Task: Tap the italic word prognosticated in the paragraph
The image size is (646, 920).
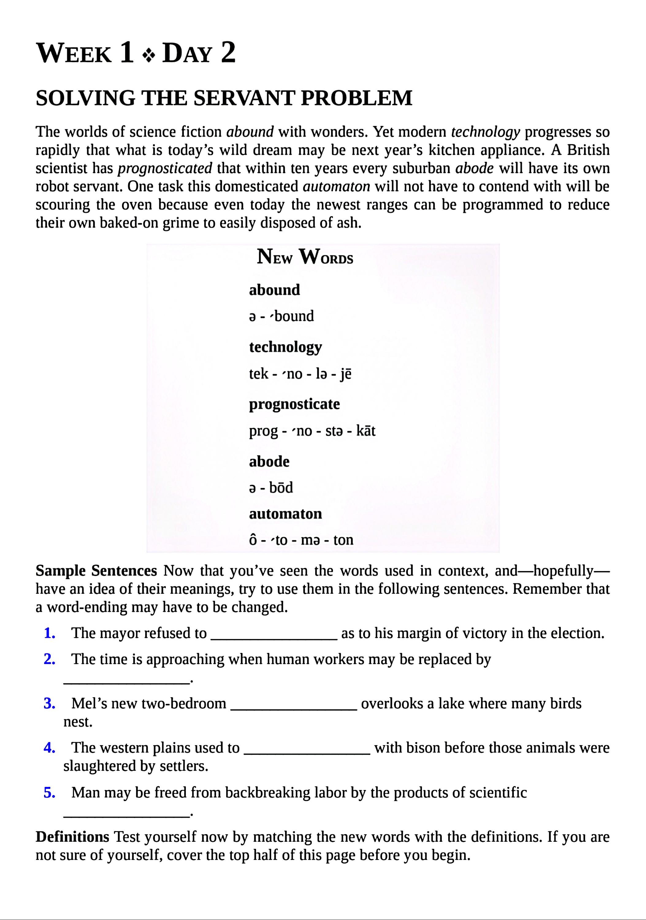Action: pos(165,168)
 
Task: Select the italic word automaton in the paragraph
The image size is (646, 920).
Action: pos(336,187)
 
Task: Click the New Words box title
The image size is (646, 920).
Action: pos(305,257)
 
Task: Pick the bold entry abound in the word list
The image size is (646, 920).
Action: pos(274,290)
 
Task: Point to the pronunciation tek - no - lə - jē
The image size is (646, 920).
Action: pos(300,374)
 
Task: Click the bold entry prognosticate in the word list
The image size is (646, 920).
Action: pos(294,404)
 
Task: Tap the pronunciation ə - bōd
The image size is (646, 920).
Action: pos(271,488)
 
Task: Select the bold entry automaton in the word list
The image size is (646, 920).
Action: pos(285,514)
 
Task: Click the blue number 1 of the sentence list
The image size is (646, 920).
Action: pos(50,634)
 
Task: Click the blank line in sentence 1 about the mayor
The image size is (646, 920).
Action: pos(274,638)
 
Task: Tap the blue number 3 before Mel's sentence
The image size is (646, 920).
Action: pos(50,703)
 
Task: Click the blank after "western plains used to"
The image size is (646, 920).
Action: pos(307,752)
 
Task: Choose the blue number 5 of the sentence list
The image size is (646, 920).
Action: pos(50,792)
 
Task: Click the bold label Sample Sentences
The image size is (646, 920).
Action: pos(96,571)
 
